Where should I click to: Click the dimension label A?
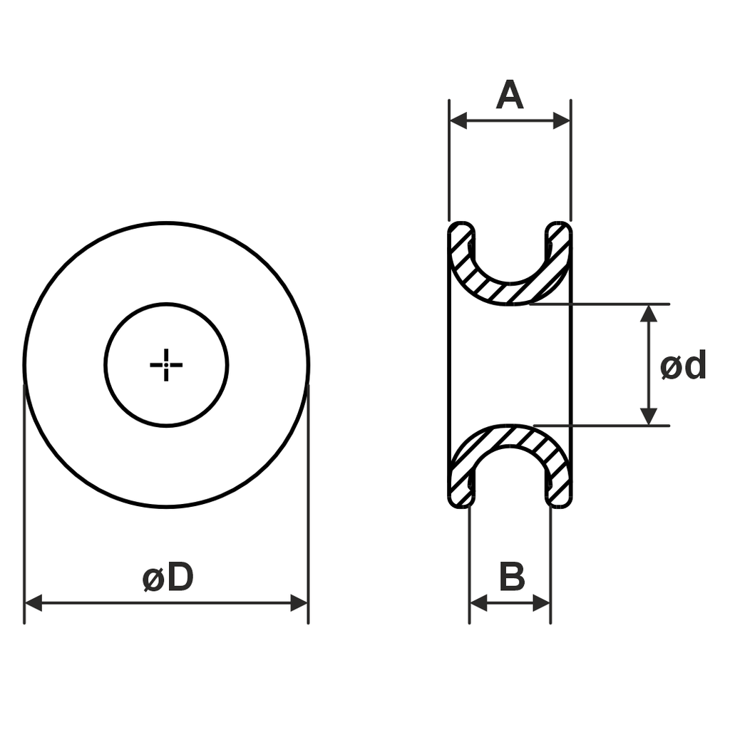click(x=510, y=95)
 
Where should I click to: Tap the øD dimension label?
click(x=168, y=577)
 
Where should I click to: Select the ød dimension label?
click(x=683, y=364)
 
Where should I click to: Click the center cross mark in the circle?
click(x=166, y=365)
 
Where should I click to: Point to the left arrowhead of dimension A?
click(x=458, y=120)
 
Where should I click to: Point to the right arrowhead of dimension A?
click(x=562, y=120)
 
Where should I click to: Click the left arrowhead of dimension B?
click(x=478, y=603)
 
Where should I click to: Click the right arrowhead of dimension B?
click(x=542, y=603)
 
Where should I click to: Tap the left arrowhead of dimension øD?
click(x=34, y=603)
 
